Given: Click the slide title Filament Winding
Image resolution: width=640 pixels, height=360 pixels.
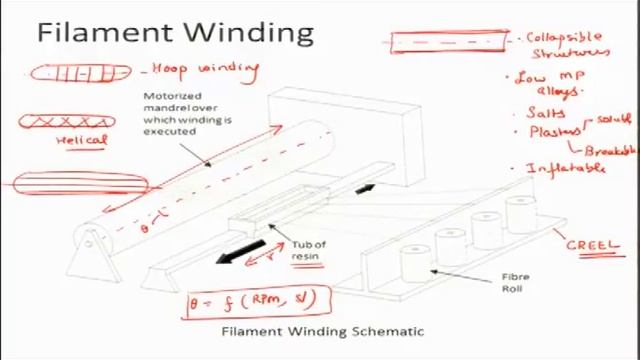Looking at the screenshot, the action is click(x=175, y=32).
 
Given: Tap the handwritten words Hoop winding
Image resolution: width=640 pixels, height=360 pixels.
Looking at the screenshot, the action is click(x=205, y=70).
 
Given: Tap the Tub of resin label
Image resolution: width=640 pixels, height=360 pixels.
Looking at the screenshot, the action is click(x=309, y=250).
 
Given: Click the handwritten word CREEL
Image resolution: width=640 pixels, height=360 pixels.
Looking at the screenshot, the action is click(x=598, y=243).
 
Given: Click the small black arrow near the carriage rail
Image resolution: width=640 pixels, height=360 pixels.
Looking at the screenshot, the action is click(x=365, y=188).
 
